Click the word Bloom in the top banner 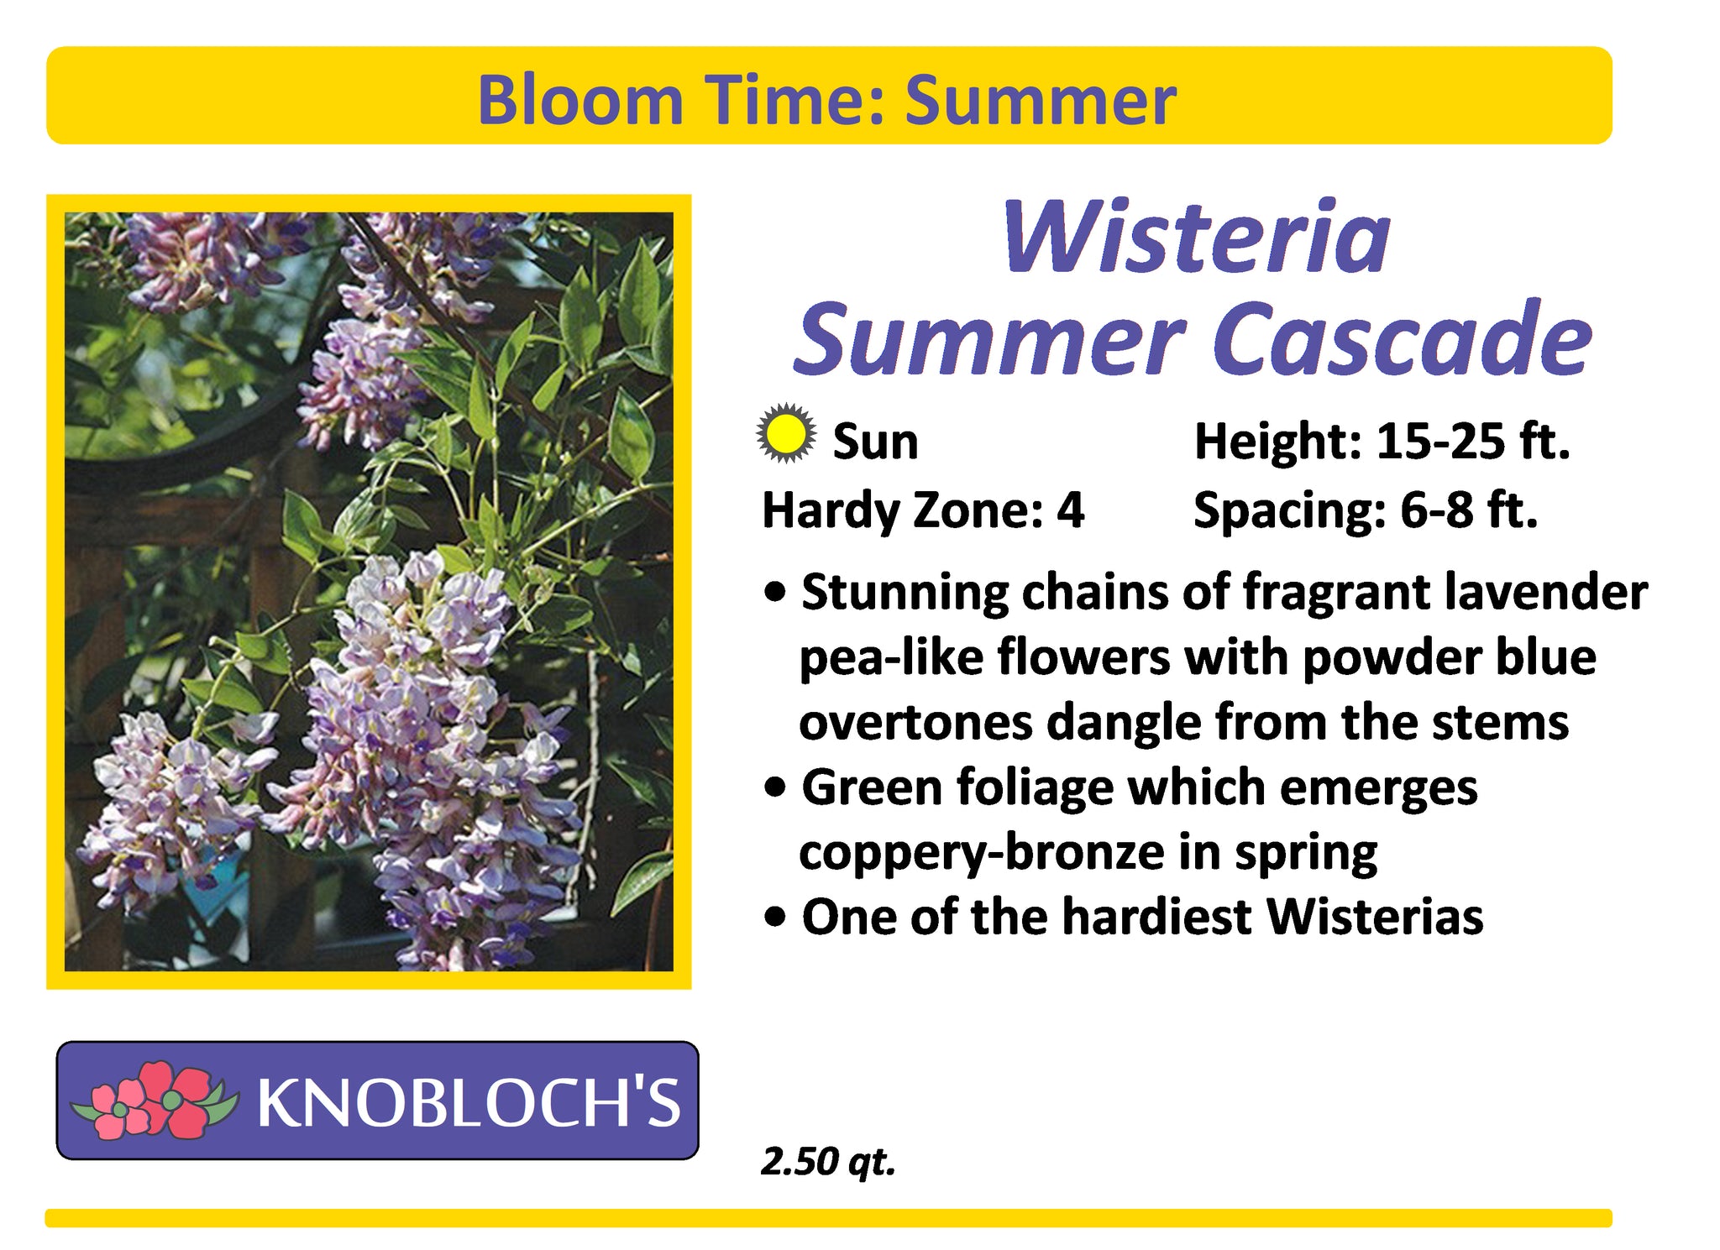pos(580,101)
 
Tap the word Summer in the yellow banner pos(1041,101)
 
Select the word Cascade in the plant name pos(1402,339)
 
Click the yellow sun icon pos(785,434)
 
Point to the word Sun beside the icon pos(875,442)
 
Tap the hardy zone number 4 pos(1070,510)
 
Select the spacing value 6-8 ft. pos(1469,510)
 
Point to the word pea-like pos(892,656)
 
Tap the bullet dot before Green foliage pos(777,789)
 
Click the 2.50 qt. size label pos(828,1162)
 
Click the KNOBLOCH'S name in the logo pos(469,1102)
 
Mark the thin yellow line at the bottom pos(828,1218)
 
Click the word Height pos(1277,442)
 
